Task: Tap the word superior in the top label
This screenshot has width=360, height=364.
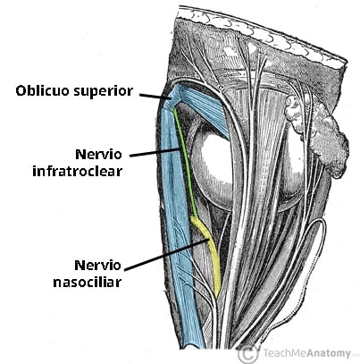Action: click(x=103, y=91)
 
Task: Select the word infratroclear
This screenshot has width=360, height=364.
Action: click(x=78, y=172)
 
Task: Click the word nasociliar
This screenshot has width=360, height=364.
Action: click(x=88, y=282)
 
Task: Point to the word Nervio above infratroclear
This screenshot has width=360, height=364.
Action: click(x=99, y=155)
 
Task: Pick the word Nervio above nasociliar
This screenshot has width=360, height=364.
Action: click(x=98, y=265)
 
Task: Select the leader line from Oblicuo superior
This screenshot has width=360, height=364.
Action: click(x=155, y=97)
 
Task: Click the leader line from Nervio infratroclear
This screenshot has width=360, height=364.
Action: click(x=155, y=151)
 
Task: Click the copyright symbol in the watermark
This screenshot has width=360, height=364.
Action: click(x=248, y=353)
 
